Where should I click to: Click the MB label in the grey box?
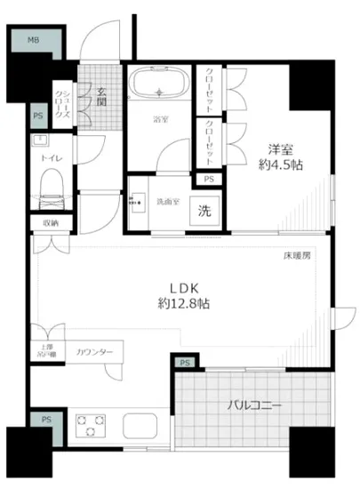coord(33,41)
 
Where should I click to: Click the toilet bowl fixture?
coord(52,188)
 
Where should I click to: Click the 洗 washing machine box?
coord(204,212)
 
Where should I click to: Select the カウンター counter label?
coord(95,353)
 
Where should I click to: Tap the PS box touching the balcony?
coord(185,363)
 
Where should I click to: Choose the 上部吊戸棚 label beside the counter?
coord(45,351)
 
